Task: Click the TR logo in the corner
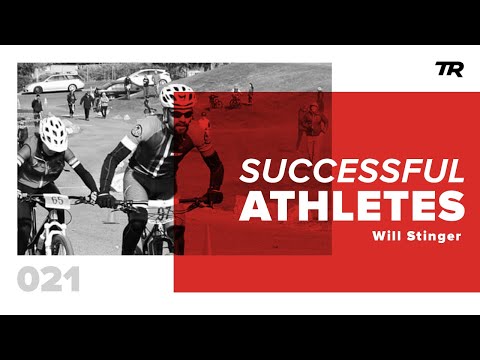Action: click(447, 68)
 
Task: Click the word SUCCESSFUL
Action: click(351, 171)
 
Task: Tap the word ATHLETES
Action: click(351, 204)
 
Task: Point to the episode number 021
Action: click(48, 281)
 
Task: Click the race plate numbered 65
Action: click(58, 200)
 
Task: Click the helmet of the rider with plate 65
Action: click(52, 131)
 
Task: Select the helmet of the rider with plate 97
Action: click(177, 97)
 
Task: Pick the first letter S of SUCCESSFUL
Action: click(249, 171)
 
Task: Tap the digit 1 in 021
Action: click(73, 281)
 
